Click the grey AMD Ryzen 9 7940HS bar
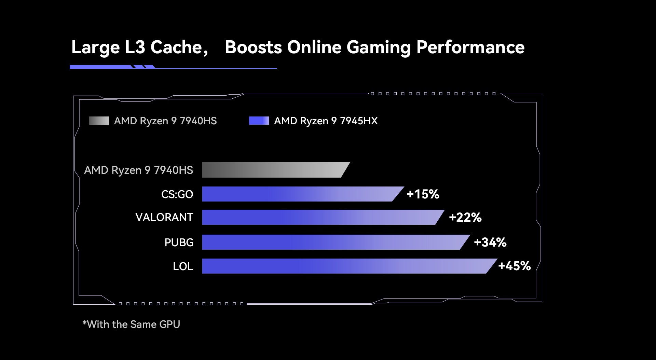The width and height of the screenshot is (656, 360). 273,170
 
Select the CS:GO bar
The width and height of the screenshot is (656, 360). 301,194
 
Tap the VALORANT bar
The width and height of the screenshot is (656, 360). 321,217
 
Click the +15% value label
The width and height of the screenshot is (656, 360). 423,194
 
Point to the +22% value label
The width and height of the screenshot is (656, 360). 465,217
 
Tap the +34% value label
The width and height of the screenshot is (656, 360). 490,242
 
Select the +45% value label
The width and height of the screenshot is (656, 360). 514,266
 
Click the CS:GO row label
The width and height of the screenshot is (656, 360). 177,194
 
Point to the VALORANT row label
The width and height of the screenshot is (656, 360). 164,217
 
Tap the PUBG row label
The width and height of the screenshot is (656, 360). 179,243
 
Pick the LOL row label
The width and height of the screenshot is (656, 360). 183,266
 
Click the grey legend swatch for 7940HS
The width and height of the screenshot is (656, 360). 99,121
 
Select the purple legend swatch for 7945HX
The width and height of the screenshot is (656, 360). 259,121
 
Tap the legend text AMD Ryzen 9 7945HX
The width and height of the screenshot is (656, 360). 326,121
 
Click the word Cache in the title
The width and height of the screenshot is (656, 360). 176,47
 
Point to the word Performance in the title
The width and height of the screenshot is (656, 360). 470,47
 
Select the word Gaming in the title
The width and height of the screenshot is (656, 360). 378,47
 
